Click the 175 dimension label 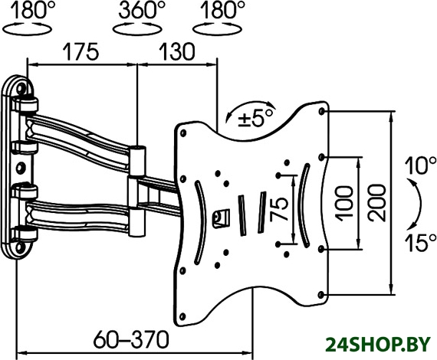click(x=80, y=51)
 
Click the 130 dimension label click(x=176, y=51)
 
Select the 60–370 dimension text click(x=131, y=339)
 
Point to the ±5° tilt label click(x=255, y=118)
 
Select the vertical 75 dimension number click(x=279, y=209)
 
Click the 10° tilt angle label click(x=420, y=165)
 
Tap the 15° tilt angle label click(x=420, y=242)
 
